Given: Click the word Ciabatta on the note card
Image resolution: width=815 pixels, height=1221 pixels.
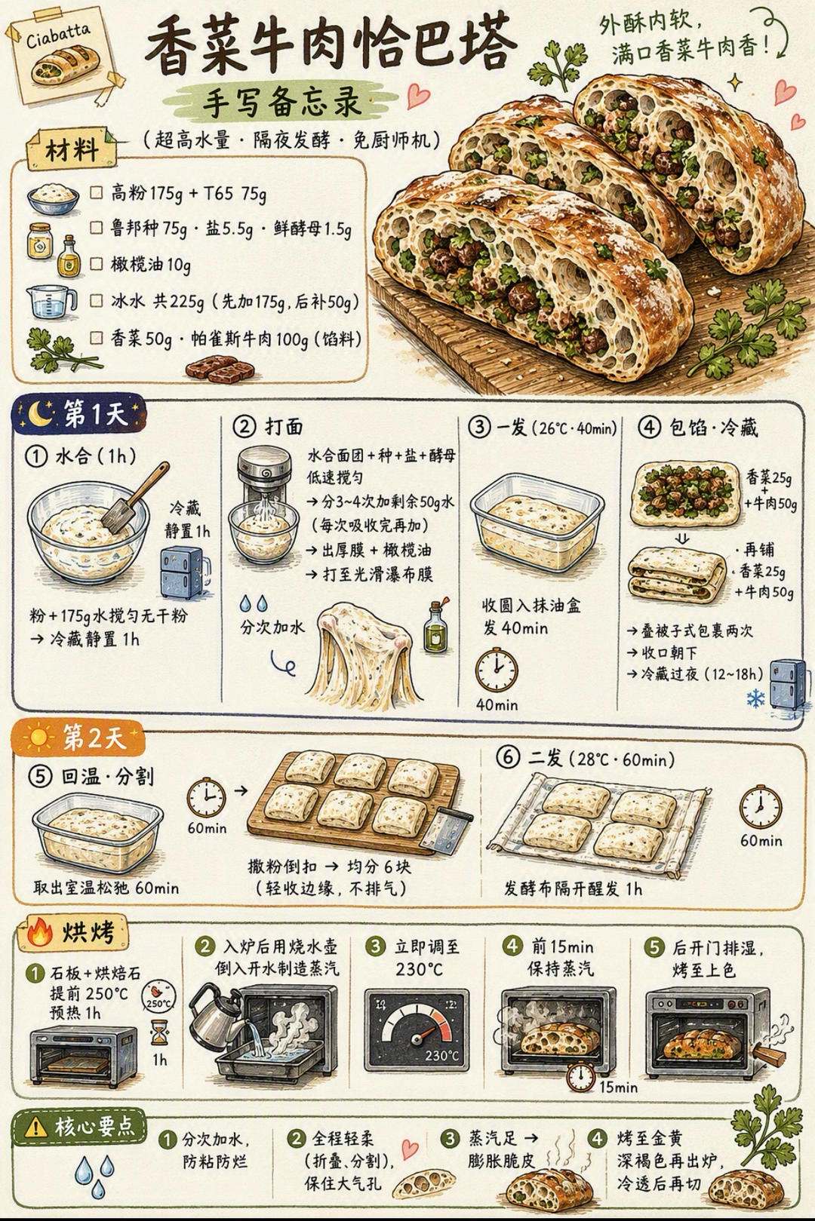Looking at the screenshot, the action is point(58,36).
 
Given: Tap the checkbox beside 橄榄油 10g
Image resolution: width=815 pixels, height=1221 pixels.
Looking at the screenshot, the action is point(96,264).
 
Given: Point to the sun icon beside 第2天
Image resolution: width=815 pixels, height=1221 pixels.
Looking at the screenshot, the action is point(38,738).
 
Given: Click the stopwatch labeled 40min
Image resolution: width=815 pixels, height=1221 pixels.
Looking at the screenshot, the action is point(497,670).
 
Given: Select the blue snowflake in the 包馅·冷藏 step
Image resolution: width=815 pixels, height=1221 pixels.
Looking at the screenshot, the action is point(755,698).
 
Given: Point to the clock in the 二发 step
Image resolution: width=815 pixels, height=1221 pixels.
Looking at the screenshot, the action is point(761,807).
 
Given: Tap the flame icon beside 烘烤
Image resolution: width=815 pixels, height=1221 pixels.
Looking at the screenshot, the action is point(40,932).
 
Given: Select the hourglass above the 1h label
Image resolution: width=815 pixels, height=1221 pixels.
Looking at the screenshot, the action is point(158,1032).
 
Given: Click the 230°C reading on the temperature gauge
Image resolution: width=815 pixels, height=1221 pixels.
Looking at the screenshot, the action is point(442,1055).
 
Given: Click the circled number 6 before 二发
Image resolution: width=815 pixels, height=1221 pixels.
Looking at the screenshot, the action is point(507,758).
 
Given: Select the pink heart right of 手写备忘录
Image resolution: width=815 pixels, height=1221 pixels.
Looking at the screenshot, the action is point(418,96).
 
